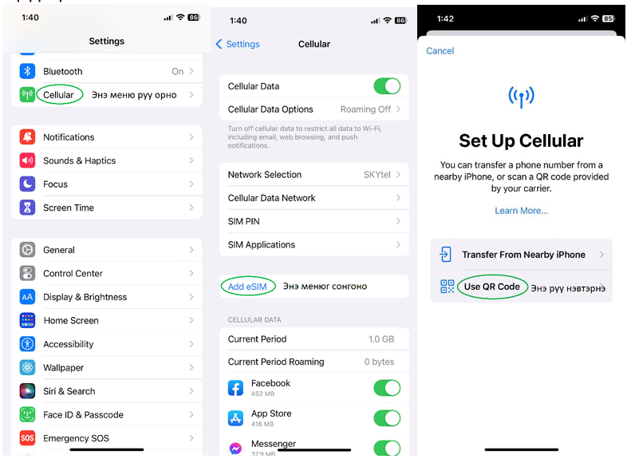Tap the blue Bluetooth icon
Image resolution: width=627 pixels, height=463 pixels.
27,71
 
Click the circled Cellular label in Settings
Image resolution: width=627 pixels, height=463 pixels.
58,95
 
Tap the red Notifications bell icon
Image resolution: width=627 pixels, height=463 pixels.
27,137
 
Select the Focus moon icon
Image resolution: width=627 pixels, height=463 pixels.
27,184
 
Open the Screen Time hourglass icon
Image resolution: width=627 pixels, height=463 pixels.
27,208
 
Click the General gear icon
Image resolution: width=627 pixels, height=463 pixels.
27,250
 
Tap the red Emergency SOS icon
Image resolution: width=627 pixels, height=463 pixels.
27,438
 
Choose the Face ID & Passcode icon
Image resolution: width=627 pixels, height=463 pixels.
27,414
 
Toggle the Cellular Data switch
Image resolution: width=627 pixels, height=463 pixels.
387,86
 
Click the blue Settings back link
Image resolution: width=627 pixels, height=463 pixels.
238,44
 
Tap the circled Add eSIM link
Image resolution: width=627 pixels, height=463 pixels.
247,287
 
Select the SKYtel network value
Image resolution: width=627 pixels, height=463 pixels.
377,175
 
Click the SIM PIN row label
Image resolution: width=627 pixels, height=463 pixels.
243,221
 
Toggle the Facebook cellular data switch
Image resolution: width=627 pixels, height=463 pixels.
387,388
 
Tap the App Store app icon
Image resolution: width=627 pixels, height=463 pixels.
235,418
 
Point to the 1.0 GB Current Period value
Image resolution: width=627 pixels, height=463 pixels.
381,339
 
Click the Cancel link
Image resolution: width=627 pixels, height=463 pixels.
440,51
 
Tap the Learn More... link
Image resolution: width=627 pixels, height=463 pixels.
521,211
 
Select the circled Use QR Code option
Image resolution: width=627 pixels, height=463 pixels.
492,287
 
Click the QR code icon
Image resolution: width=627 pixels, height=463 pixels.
447,287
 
